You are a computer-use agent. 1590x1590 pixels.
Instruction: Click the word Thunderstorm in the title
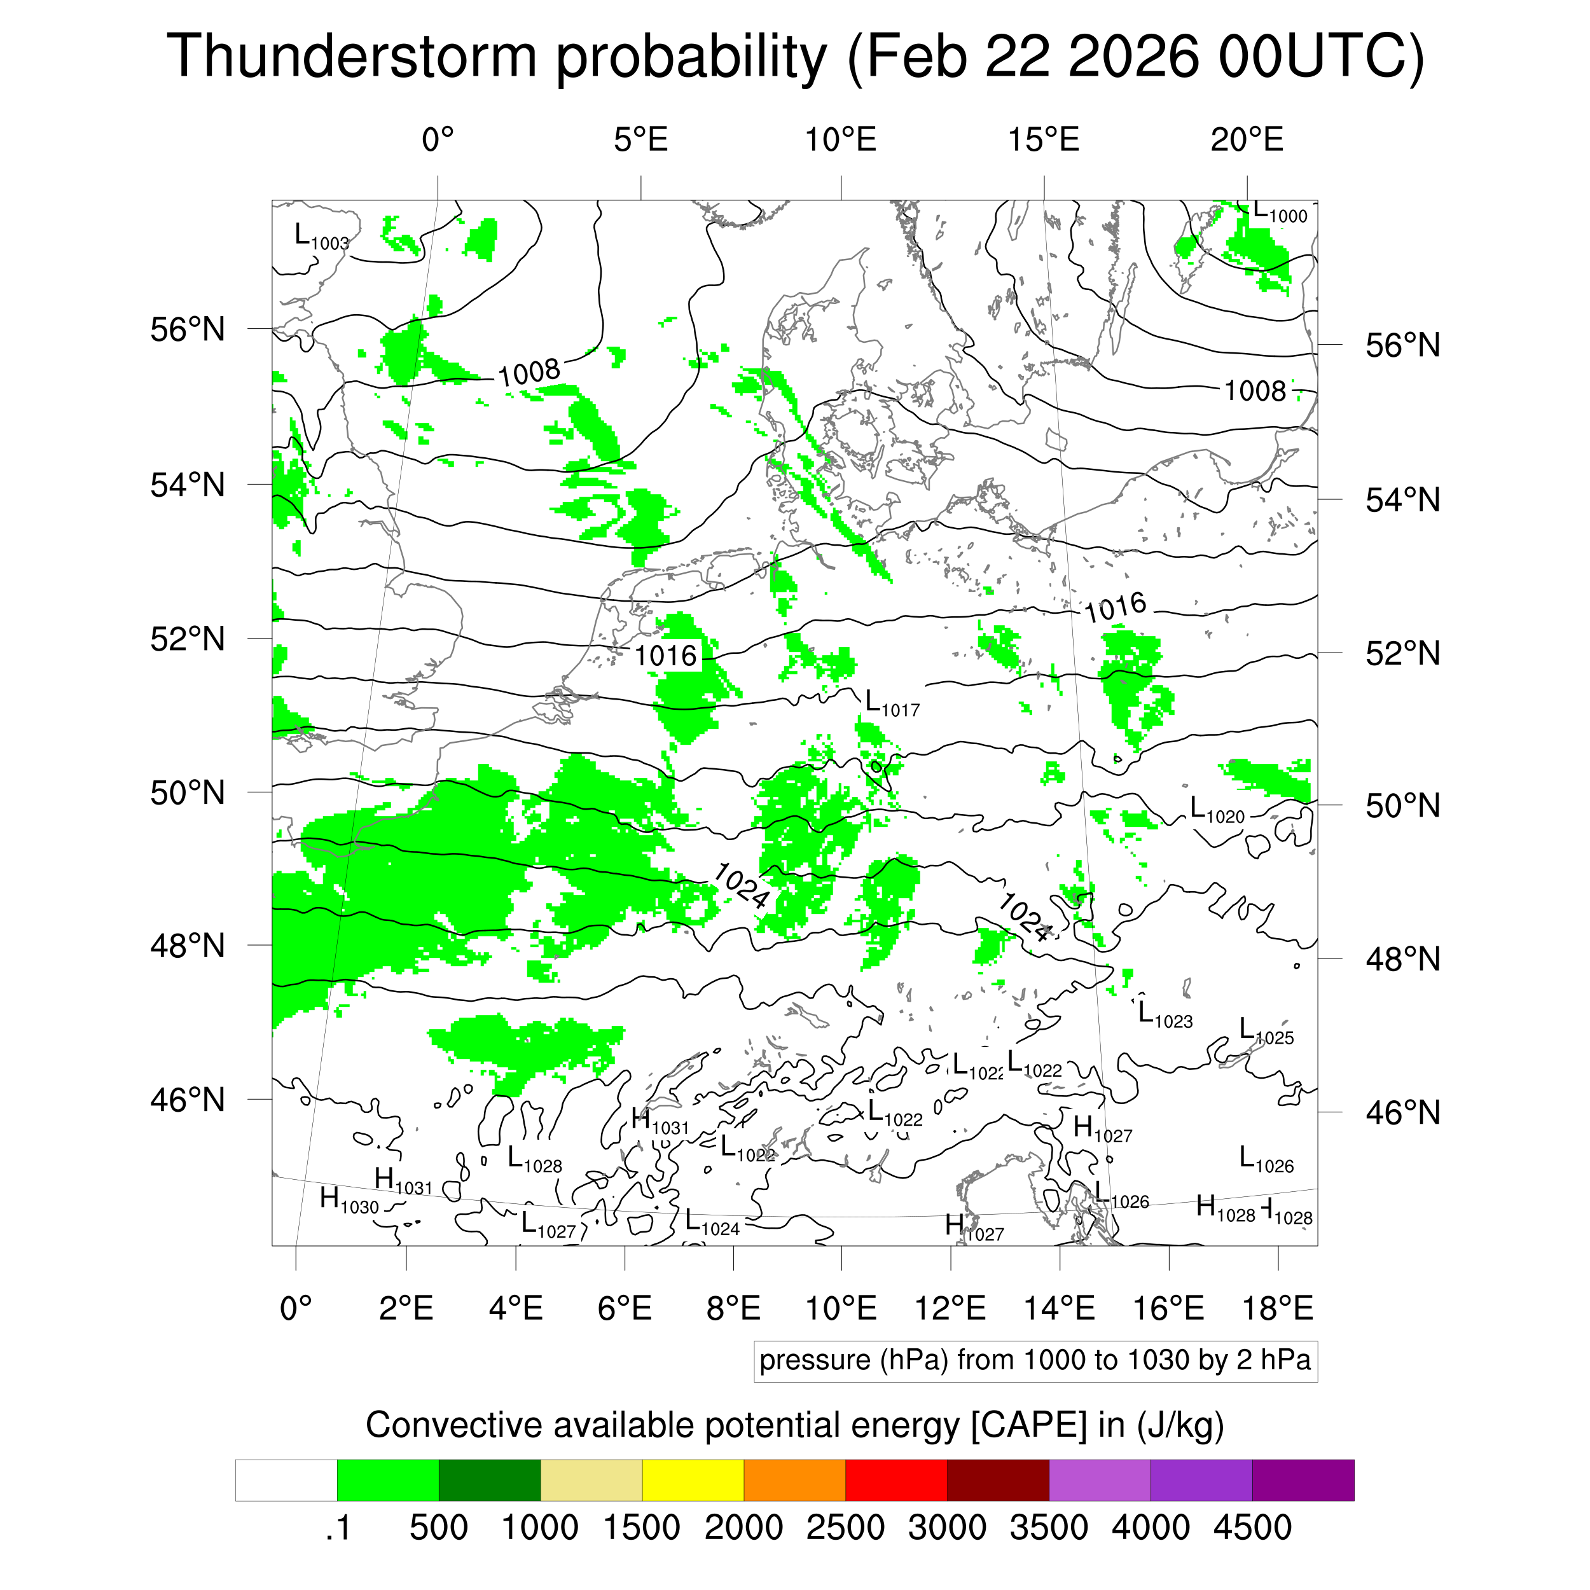(x=352, y=56)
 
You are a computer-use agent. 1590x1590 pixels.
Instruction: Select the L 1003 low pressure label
(x=321, y=237)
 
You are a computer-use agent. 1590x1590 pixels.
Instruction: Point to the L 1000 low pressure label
(x=1279, y=212)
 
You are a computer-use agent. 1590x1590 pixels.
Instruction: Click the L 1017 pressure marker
(x=891, y=705)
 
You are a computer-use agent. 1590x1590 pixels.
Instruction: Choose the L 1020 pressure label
(x=1217, y=811)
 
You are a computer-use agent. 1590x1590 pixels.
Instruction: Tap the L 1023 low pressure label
(x=1165, y=1016)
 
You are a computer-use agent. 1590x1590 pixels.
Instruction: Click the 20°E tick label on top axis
(x=1246, y=140)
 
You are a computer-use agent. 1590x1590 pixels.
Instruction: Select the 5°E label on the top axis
(x=640, y=140)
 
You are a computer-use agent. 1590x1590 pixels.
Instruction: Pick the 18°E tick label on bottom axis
(x=1277, y=1308)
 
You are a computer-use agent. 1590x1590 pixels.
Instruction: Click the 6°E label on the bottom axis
(x=625, y=1308)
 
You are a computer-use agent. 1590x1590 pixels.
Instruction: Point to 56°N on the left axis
(x=188, y=330)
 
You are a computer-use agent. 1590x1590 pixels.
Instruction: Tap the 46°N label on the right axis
(x=1402, y=1112)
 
